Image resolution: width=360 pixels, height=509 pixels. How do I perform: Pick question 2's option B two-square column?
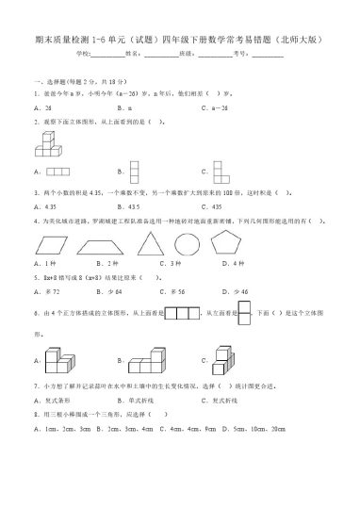(134, 170)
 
